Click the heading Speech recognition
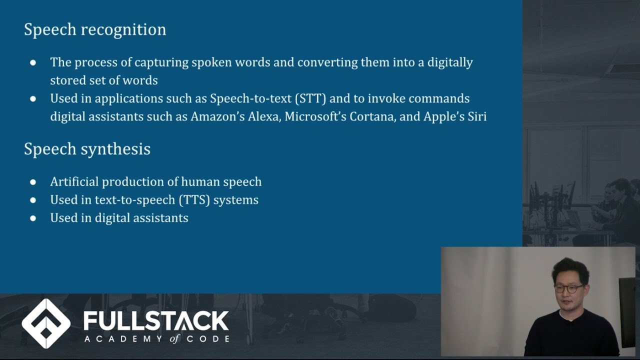click(95, 29)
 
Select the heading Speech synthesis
click(87, 149)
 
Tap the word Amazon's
click(217, 116)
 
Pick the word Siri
click(476, 116)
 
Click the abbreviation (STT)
click(310, 98)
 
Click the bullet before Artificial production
click(33, 182)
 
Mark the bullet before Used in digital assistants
click(33, 218)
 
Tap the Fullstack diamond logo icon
click(46, 323)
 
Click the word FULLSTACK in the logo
click(156, 320)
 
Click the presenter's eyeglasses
click(569, 288)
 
